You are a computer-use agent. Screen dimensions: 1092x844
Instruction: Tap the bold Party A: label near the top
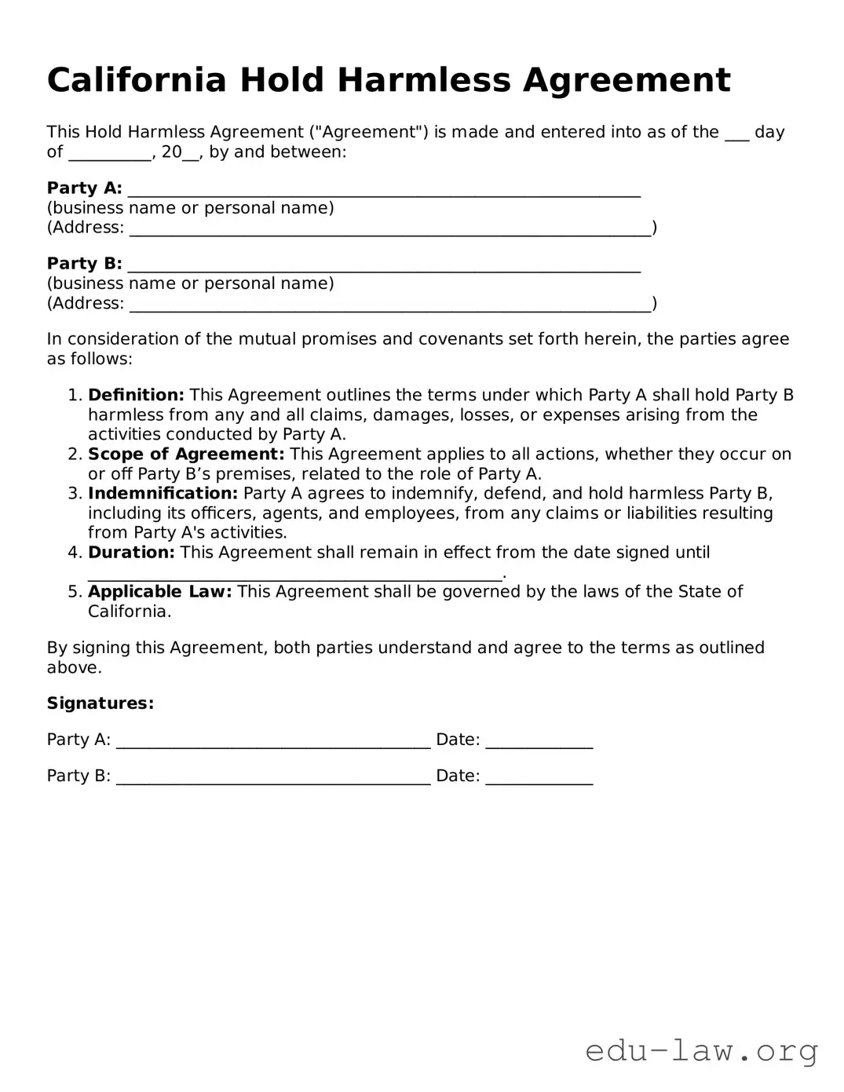84,188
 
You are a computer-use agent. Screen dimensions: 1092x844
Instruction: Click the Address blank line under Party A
390,229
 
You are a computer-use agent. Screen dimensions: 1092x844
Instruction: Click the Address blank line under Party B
390,305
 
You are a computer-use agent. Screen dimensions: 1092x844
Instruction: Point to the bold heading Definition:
136,395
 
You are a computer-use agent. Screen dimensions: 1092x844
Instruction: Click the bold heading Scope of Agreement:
186,454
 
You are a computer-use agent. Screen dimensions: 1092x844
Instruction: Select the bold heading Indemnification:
163,493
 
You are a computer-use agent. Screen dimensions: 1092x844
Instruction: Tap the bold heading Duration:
131,552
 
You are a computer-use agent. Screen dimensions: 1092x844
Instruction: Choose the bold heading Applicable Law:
160,591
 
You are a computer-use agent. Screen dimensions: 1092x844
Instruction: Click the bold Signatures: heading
100,703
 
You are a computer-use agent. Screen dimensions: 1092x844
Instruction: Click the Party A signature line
273,742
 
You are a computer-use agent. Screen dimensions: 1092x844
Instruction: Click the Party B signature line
273,778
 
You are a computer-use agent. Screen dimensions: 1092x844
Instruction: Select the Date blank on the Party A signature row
539,742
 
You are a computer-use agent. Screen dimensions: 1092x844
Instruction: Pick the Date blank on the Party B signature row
539,778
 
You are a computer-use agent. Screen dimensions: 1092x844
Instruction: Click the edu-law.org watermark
701,1050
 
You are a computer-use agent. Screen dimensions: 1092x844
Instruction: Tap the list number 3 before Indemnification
75,493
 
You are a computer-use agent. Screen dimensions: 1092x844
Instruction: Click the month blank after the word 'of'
109,154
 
